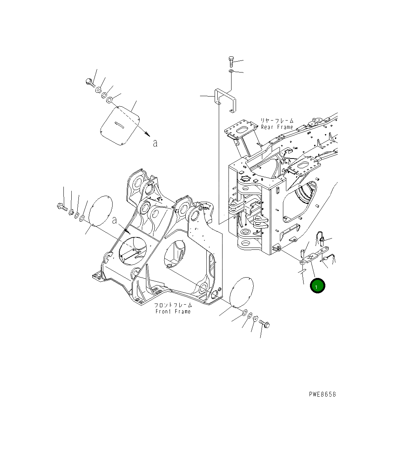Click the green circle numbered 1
click(317, 286)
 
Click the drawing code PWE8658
click(322, 394)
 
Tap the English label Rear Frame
click(277, 127)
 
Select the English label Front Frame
click(173, 311)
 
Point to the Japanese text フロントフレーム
click(174, 305)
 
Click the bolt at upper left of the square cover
click(89, 82)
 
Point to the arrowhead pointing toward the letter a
click(147, 134)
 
